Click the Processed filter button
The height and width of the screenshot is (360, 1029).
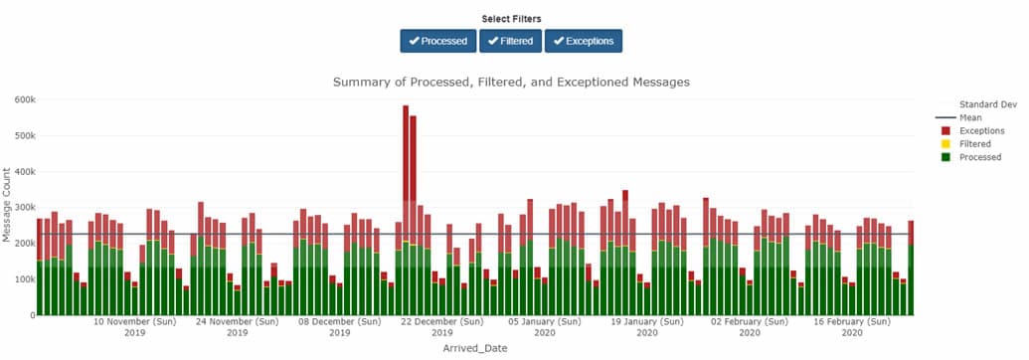(x=437, y=41)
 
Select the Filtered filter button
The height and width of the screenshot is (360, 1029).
(x=509, y=41)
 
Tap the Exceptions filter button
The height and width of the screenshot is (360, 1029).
(x=584, y=41)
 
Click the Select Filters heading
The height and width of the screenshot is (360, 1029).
(x=511, y=19)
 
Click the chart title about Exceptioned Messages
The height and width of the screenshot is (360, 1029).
(x=511, y=82)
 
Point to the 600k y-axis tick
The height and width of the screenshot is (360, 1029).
(x=22, y=99)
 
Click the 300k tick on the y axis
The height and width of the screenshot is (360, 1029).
(x=22, y=208)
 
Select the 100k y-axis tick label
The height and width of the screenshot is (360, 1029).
(x=22, y=279)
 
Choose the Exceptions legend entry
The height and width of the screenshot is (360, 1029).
(x=980, y=130)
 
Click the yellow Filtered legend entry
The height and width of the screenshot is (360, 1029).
(x=976, y=144)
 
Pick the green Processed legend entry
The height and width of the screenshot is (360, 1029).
(x=979, y=157)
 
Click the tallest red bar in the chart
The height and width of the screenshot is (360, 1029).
(x=406, y=149)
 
